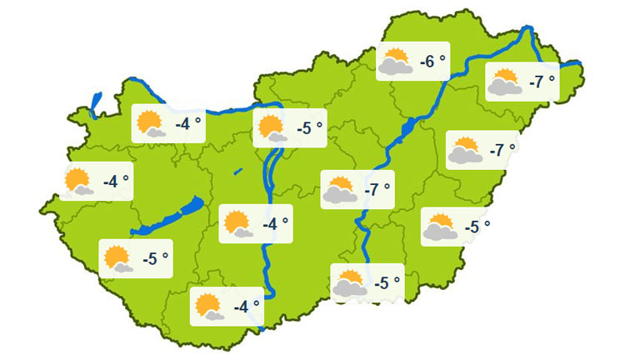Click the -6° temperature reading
point(432,61)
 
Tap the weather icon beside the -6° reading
point(395,62)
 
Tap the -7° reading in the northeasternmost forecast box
point(541,82)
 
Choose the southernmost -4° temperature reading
point(247,307)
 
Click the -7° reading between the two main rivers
point(377,189)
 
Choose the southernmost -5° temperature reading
point(387,283)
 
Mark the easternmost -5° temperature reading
point(477,226)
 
